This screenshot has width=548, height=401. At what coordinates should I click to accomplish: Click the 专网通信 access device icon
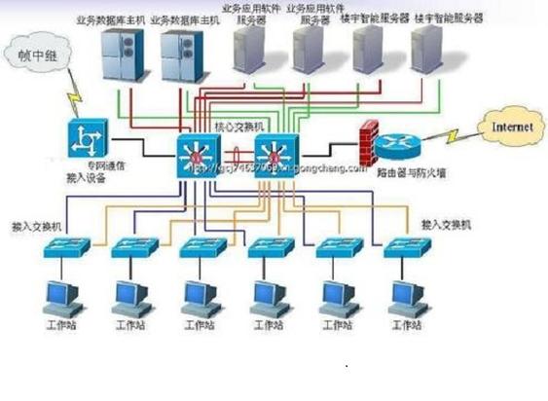pyautogui.click(x=86, y=141)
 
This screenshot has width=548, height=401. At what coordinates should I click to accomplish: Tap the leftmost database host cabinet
pyautogui.click(x=124, y=55)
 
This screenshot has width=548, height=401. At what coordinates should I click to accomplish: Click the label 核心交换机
pyautogui.click(x=238, y=128)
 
